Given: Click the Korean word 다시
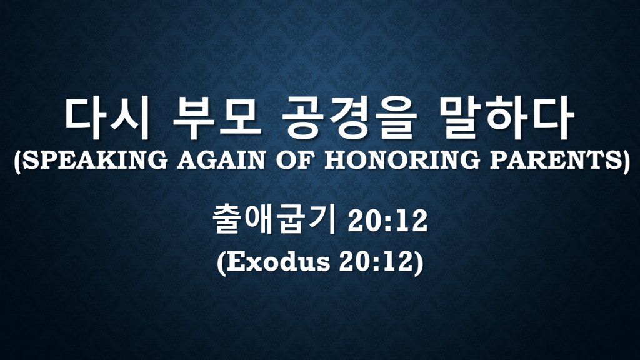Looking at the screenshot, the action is pos(107,118).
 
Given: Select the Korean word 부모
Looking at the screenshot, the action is pos(217,118).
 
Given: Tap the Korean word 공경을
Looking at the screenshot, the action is pos(349,118).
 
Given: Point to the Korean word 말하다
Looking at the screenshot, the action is pos(507,118).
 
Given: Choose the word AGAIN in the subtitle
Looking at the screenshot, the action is pos(221,159).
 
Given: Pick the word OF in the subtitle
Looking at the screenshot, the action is pos(295,159).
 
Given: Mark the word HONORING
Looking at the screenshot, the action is pos(402,159).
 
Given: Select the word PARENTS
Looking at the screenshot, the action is pos(554,159).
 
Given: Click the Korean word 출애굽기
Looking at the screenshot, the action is pos(274,221).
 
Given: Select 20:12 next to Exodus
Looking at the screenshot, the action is pos(376,262).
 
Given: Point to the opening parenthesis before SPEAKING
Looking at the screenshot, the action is pos(17,161).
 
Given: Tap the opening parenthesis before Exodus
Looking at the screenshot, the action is pos(221,263).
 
